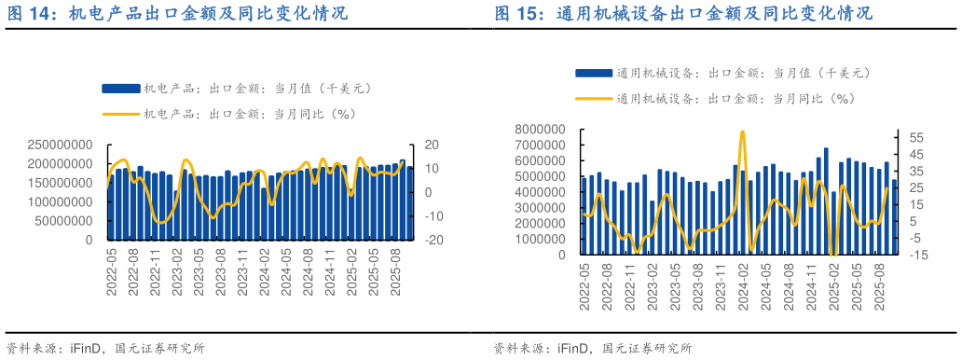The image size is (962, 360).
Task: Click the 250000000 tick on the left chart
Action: pos(60,145)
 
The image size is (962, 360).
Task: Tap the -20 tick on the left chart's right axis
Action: pos(431,240)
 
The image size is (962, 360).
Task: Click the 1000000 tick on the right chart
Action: pos(543,239)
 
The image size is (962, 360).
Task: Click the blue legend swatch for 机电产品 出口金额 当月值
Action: pos(120,89)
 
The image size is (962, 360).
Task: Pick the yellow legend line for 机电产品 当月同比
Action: pos(120,115)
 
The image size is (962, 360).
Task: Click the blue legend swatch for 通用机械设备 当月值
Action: pos(594,73)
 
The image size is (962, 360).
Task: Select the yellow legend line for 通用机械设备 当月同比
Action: pos(594,98)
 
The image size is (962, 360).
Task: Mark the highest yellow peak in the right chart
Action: pos(742,132)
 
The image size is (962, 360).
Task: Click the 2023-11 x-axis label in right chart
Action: pos(719,285)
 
